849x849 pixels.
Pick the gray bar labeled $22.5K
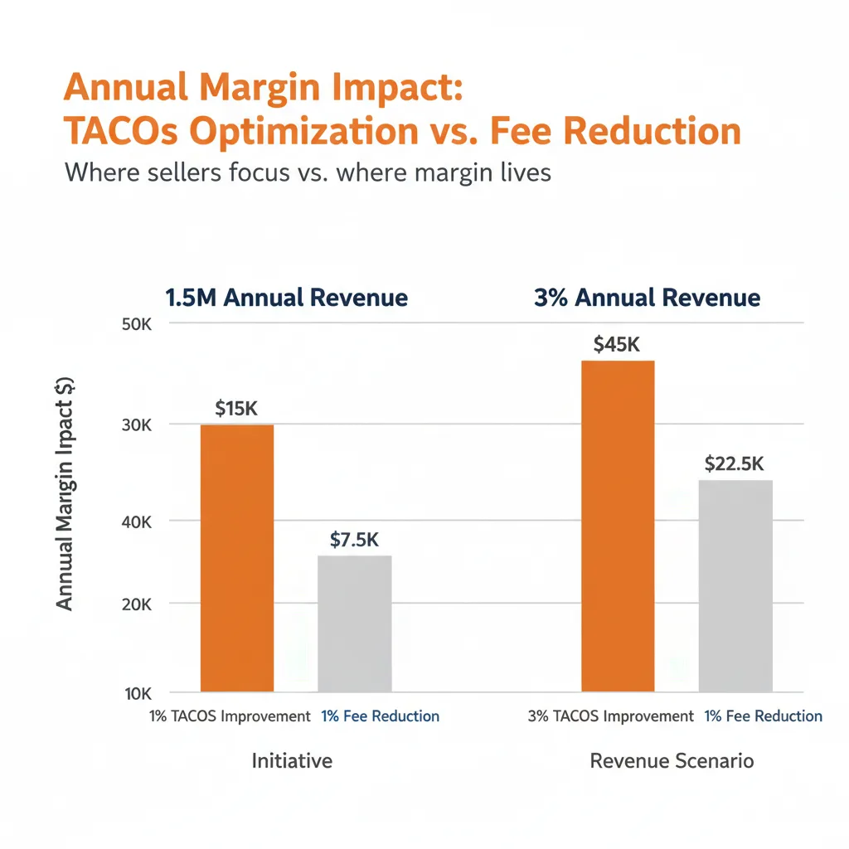pyautogui.click(x=735, y=585)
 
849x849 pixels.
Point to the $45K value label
pyautogui.click(x=617, y=345)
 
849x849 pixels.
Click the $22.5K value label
pyautogui.click(x=734, y=464)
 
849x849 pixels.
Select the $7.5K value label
pyautogui.click(x=354, y=540)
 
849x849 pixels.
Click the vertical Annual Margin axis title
pyautogui.click(x=65, y=494)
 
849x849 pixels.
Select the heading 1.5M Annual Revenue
pyautogui.click(x=287, y=298)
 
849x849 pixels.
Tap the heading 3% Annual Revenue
pyautogui.click(x=648, y=298)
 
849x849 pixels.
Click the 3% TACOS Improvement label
pyautogui.click(x=610, y=716)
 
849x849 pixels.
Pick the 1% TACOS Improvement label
pyautogui.click(x=230, y=716)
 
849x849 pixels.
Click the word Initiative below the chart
pyautogui.click(x=292, y=760)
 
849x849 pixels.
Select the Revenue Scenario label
pyautogui.click(x=672, y=760)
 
